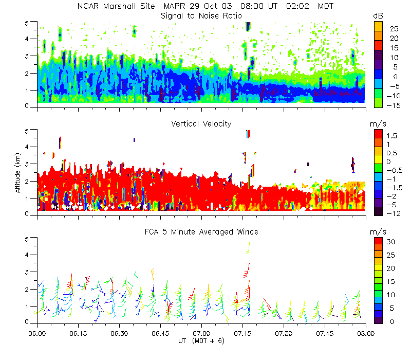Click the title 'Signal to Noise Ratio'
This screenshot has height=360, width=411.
pos(201,16)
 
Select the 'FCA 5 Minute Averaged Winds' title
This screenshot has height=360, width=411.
pos(201,232)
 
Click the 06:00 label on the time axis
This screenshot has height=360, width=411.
pos(38,333)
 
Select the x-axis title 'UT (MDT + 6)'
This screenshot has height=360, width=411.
pos(201,340)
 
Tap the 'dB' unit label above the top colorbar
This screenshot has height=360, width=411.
pos(378,16)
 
